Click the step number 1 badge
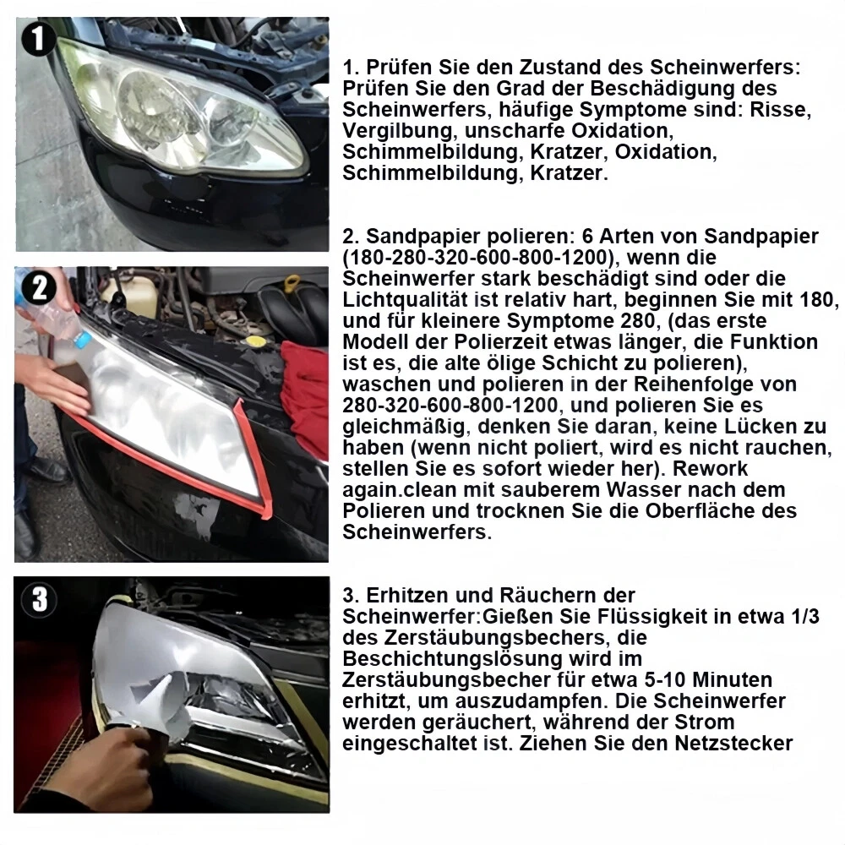pos(38,39)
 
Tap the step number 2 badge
pos(39,288)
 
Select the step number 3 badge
pos(39,599)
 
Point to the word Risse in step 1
pos(780,110)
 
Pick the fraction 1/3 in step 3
pos(805,617)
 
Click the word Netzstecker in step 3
pos(733,743)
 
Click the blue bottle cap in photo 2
pos(83,339)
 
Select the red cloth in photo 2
pos(305,389)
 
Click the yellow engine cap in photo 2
pos(256,341)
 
